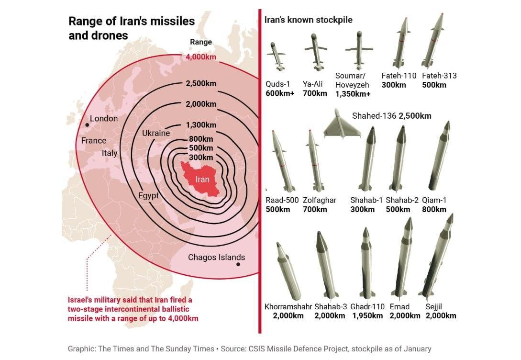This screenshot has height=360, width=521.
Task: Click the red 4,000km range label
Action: [x=201, y=57]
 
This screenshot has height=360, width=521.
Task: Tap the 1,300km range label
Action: [x=201, y=125]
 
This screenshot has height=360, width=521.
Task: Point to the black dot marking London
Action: [x=87, y=125]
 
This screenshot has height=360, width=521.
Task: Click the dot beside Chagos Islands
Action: [x=238, y=264]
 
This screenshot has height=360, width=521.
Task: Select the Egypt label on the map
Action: [x=148, y=195]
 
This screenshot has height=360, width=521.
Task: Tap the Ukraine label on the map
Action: [x=156, y=133]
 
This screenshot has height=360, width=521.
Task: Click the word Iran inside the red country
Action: [x=203, y=180]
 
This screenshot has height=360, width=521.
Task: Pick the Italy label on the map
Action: [x=109, y=153]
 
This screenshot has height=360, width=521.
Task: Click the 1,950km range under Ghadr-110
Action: [x=367, y=315]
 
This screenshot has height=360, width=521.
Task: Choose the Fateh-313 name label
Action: [x=439, y=76]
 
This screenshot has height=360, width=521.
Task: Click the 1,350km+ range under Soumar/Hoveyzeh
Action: [x=353, y=94]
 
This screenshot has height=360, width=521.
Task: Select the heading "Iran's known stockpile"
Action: [x=308, y=20]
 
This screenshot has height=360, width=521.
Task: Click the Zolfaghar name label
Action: [x=320, y=200]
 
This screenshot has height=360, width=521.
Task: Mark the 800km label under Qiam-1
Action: [x=434, y=209]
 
